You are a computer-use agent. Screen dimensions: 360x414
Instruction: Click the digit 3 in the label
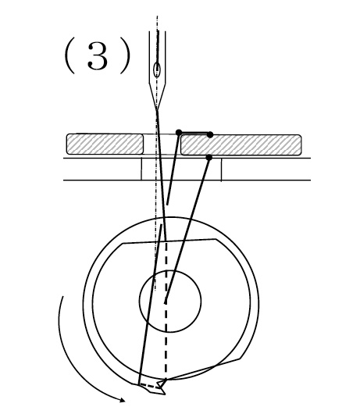pyautogui.click(x=98, y=56)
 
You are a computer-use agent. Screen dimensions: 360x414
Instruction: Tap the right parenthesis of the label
pyautogui.click(x=127, y=55)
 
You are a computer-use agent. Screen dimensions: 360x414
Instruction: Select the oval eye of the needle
pyautogui.click(x=157, y=70)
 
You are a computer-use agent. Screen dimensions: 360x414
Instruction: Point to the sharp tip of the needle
pyautogui.click(x=157, y=110)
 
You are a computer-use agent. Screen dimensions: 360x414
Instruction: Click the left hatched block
pyautogui.click(x=105, y=144)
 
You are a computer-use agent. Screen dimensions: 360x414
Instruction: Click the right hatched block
pyautogui.click(x=241, y=145)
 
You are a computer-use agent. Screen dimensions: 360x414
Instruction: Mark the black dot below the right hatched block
pyautogui.click(x=209, y=158)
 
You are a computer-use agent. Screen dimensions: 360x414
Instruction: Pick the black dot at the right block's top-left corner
pyautogui.click(x=179, y=132)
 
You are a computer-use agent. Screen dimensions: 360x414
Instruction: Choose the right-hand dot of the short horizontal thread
pyautogui.click(x=210, y=134)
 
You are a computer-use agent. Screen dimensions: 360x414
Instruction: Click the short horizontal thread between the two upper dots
pyautogui.click(x=194, y=133)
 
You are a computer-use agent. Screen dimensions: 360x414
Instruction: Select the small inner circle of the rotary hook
pyautogui.click(x=170, y=301)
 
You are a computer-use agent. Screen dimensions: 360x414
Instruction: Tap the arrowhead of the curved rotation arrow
pyautogui.click(x=122, y=400)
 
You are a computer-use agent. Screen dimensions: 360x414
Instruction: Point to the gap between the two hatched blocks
pyautogui.click(x=162, y=145)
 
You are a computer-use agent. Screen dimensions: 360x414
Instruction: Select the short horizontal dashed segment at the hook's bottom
pyautogui.click(x=151, y=386)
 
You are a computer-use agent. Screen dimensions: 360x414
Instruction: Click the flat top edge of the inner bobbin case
pyautogui.click(x=169, y=241)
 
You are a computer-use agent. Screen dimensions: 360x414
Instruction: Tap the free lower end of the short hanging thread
pyautogui.click(x=167, y=205)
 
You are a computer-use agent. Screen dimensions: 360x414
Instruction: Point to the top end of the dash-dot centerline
pyautogui.click(x=157, y=16)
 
